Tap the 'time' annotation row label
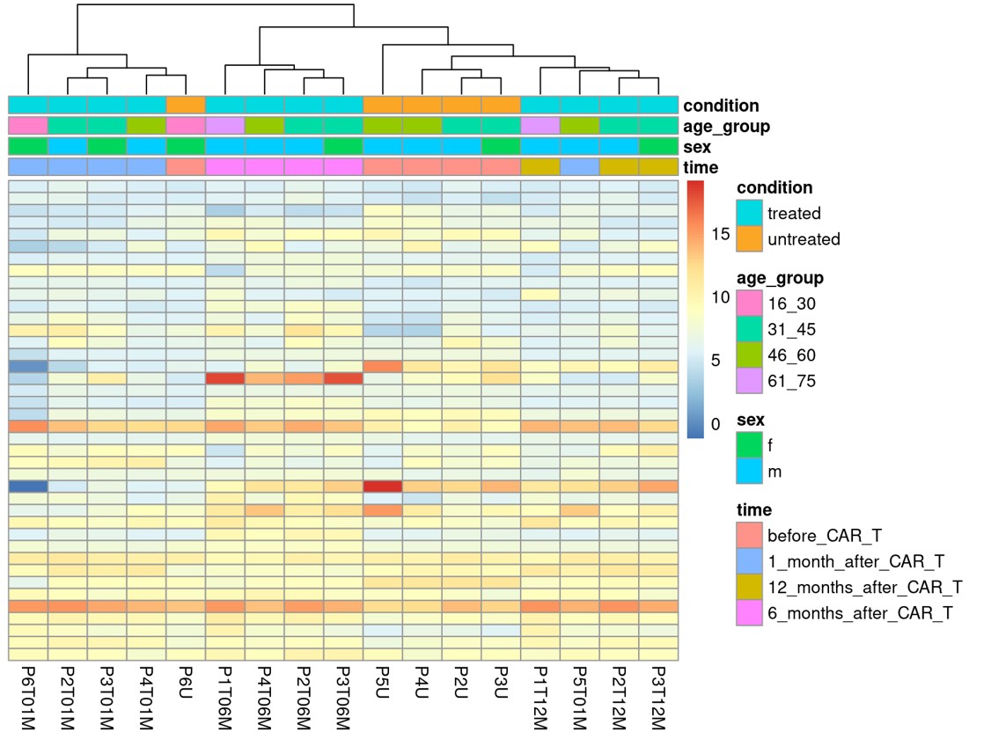tap(701, 167)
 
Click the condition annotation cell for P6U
tap(186, 105)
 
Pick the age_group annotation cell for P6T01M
tap(28, 126)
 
